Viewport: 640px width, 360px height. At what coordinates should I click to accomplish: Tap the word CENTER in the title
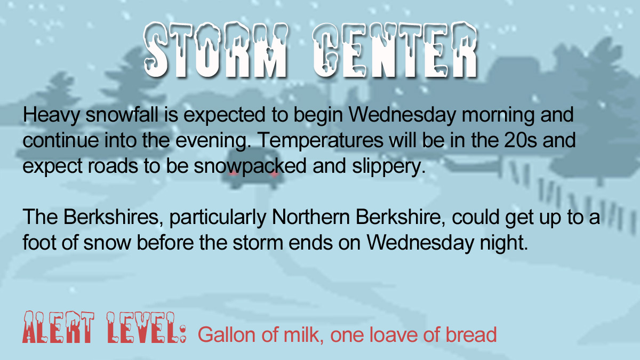point(395,50)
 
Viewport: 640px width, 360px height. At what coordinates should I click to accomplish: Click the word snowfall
point(122,114)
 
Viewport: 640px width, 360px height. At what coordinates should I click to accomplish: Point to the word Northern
point(310,217)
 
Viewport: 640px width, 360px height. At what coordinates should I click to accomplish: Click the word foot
point(39,243)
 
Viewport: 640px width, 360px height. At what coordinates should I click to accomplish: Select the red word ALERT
point(58,327)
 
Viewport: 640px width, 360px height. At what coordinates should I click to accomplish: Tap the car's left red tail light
point(233,173)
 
